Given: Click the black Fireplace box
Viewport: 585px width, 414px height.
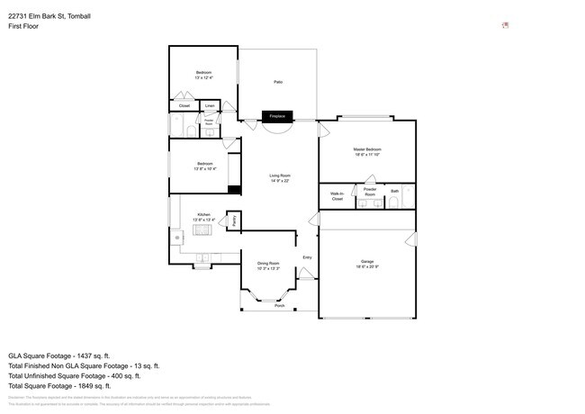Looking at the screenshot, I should tap(277, 116).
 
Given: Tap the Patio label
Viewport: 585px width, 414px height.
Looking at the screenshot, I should tap(279, 82).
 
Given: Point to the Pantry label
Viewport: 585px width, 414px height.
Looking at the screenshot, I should tap(235, 220).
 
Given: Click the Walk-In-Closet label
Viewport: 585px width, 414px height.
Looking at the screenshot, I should tap(337, 195).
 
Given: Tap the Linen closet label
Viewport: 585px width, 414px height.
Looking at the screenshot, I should tap(209, 106).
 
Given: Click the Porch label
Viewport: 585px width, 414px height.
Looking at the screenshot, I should tap(279, 306).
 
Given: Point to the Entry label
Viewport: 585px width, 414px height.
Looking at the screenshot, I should tap(306, 257).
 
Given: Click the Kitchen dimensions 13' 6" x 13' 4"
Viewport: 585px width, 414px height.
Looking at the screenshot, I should tap(203, 220).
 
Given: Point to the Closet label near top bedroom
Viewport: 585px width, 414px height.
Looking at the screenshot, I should tap(184, 106).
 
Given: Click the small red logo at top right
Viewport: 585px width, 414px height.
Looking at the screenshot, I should tap(505, 25).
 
